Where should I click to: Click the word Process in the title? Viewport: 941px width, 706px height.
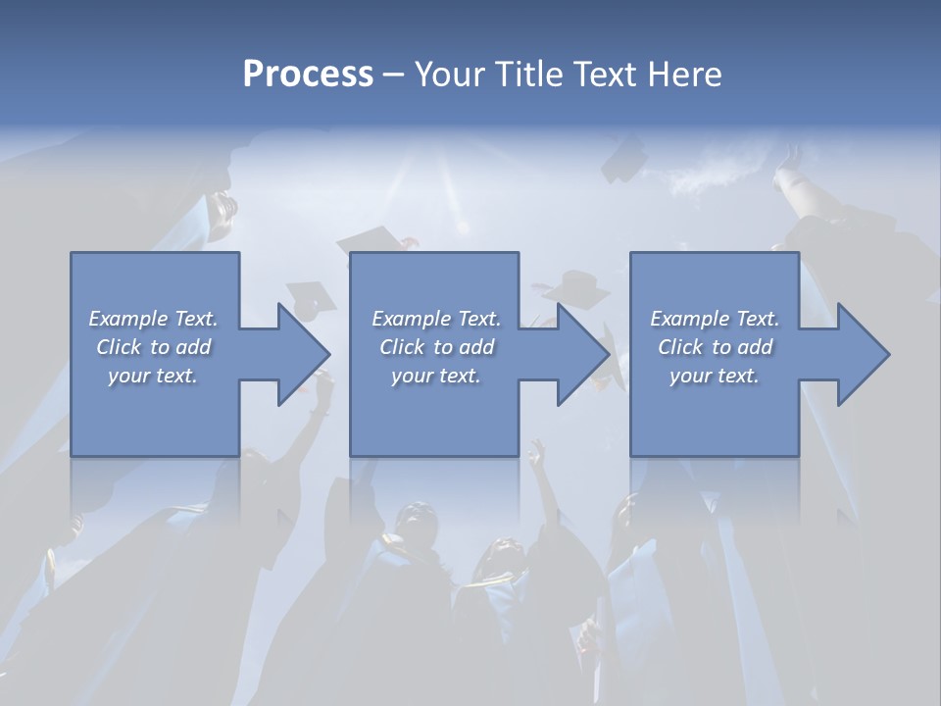[308, 75]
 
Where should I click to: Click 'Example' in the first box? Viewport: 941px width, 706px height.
[128, 319]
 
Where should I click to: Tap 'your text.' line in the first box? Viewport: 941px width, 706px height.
[153, 376]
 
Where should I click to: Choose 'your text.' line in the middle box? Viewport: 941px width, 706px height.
[436, 376]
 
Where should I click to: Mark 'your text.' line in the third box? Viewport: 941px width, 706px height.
[715, 376]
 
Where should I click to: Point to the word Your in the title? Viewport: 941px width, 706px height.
[451, 75]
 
